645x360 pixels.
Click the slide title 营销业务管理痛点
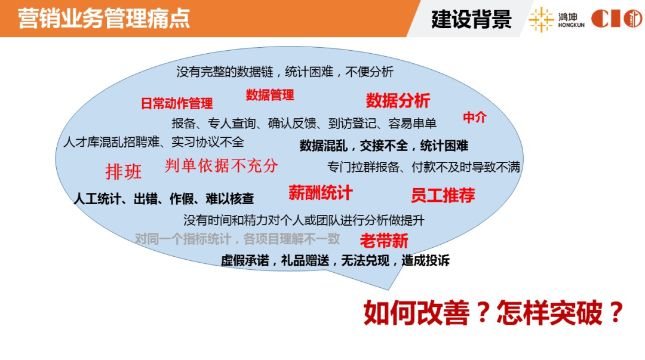pyautogui.click(x=104, y=18)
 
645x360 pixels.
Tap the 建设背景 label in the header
pyautogui.click(x=471, y=19)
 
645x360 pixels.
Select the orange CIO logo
pyautogui.click(x=616, y=19)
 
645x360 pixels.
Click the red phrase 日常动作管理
pyautogui.click(x=177, y=104)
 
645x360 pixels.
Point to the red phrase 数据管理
pyautogui.click(x=270, y=95)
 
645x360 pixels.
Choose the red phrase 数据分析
pyautogui.click(x=398, y=101)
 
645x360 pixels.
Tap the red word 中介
pyautogui.click(x=475, y=118)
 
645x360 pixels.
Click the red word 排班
pyautogui.click(x=124, y=172)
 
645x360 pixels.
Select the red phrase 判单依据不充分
pyautogui.click(x=222, y=166)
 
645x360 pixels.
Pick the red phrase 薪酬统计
pyautogui.click(x=320, y=193)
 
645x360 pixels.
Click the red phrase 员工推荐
pyautogui.click(x=443, y=195)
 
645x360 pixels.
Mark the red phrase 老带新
pyautogui.click(x=384, y=241)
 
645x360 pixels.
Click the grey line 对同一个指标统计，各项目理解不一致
pyautogui.click(x=237, y=239)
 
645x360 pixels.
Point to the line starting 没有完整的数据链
pyautogui.click(x=285, y=72)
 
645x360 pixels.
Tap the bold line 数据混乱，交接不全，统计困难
pyautogui.click(x=383, y=146)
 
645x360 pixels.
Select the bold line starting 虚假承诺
pyautogui.click(x=335, y=260)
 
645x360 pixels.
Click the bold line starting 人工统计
pyautogui.click(x=164, y=199)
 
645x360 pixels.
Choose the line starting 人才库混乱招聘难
pyautogui.click(x=153, y=143)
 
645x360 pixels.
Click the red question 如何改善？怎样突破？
pyautogui.click(x=493, y=312)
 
